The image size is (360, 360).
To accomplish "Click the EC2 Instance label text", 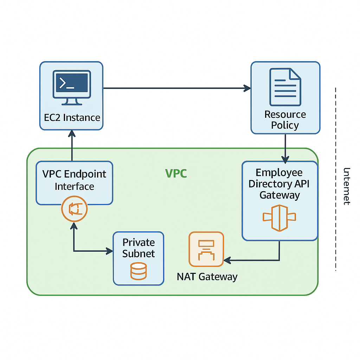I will coord(72,117).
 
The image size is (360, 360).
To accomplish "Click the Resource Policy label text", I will coord(285,120).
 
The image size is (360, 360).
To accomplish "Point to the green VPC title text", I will coord(176,173).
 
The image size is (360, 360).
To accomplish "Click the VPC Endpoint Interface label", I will coord(74,180).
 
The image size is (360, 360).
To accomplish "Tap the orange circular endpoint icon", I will coord(74,210).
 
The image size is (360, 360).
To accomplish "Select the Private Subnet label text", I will coord(139,248).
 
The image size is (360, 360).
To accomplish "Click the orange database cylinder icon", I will coord(138,271).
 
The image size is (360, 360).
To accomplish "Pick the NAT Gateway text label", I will coord(207,277).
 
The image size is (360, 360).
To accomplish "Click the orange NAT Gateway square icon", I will coord(206,249).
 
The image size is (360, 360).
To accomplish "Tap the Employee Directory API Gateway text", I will coord(279,184).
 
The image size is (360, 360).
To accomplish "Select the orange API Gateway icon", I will coord(279,217).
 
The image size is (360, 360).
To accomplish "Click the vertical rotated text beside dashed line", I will coord(347,186).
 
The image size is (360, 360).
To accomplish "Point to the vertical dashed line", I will coord(336,141).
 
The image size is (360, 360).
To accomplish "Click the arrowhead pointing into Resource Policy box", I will coord(247,88).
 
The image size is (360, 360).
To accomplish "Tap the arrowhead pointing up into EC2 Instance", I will coord(72,133).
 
